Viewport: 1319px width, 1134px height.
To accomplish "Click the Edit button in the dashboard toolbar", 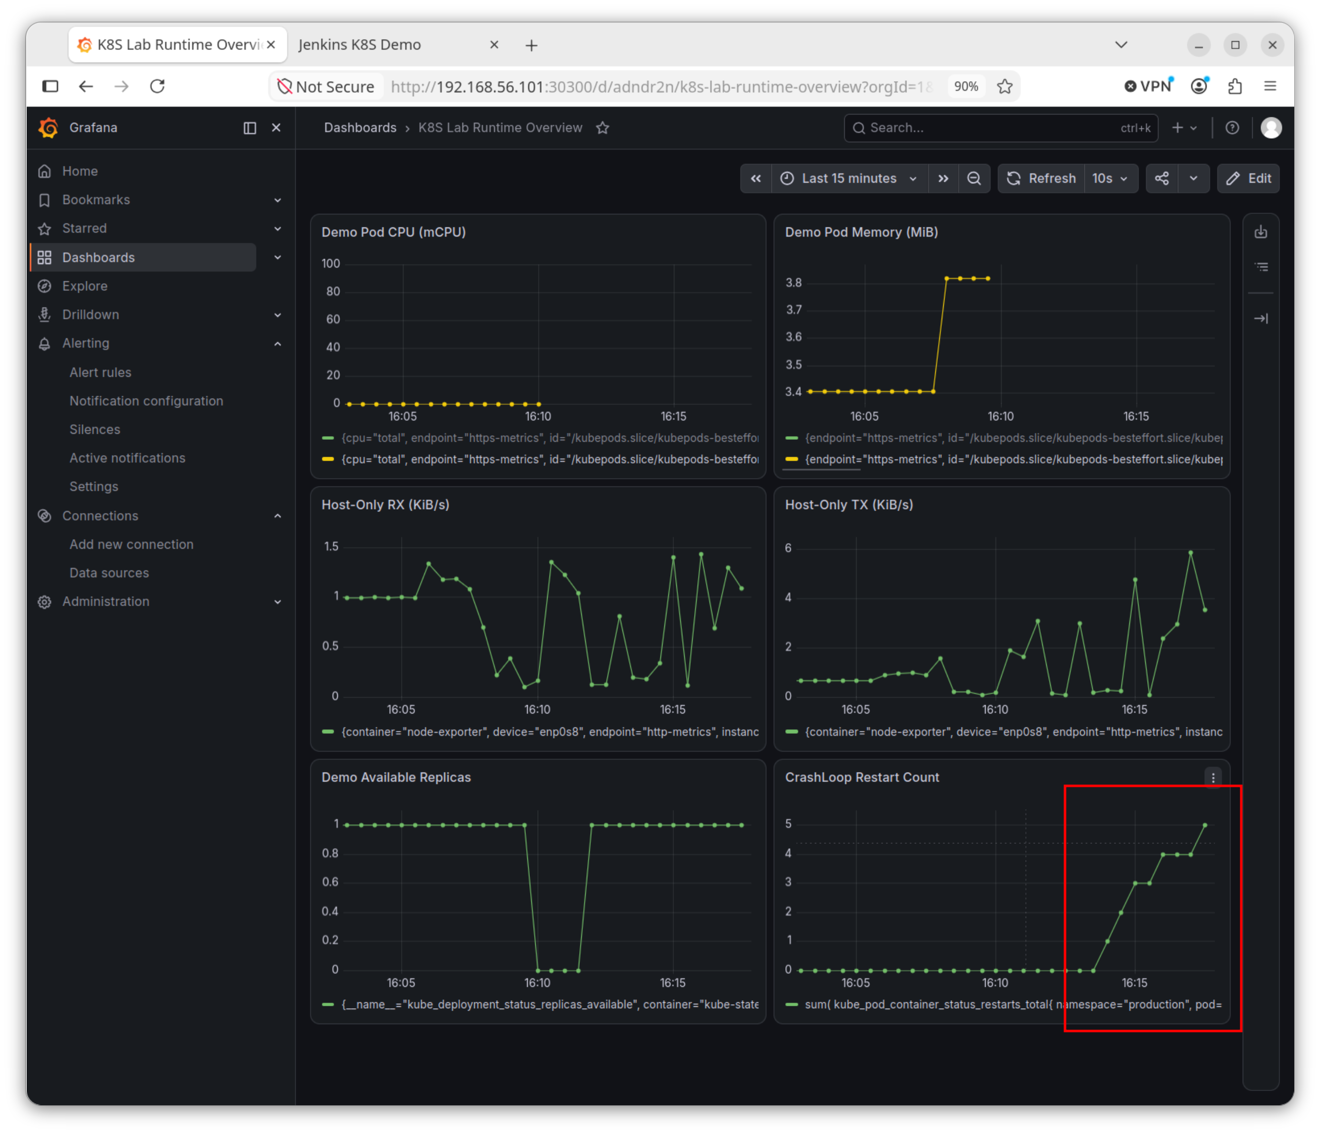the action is click(x=1248, y=178).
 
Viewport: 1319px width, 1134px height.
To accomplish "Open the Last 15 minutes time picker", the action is click(x=849, y=178).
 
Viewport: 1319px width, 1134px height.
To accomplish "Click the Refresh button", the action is click(x=1041, y=178).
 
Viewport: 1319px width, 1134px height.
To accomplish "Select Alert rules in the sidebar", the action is click(x=100, y=372).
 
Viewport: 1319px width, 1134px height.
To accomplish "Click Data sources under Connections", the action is click(x=109, y=573).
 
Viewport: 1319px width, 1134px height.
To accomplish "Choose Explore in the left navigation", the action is click(x=85, y=286).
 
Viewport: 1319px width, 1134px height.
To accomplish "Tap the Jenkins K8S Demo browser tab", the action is click(x=359, y=45).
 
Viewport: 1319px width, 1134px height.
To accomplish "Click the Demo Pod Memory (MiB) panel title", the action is click(x=862, y=232).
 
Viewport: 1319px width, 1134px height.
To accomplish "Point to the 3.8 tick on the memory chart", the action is click(x=793, y=283).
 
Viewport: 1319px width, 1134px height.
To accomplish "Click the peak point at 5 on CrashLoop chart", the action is click(x=1205, y=825).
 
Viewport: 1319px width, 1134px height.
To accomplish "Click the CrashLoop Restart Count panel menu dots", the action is click(x=1213, y=777).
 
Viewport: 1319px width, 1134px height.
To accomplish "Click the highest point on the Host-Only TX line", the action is click(x=1190, y=553).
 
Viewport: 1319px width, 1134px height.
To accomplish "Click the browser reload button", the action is click(x=157, y=86).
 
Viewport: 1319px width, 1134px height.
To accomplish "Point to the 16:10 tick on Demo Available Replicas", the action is click(x=537, y=982).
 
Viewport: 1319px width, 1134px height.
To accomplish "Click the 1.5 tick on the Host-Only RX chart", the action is click(x=331, y=546).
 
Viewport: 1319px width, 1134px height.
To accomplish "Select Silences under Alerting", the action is click(x=95, y=430).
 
